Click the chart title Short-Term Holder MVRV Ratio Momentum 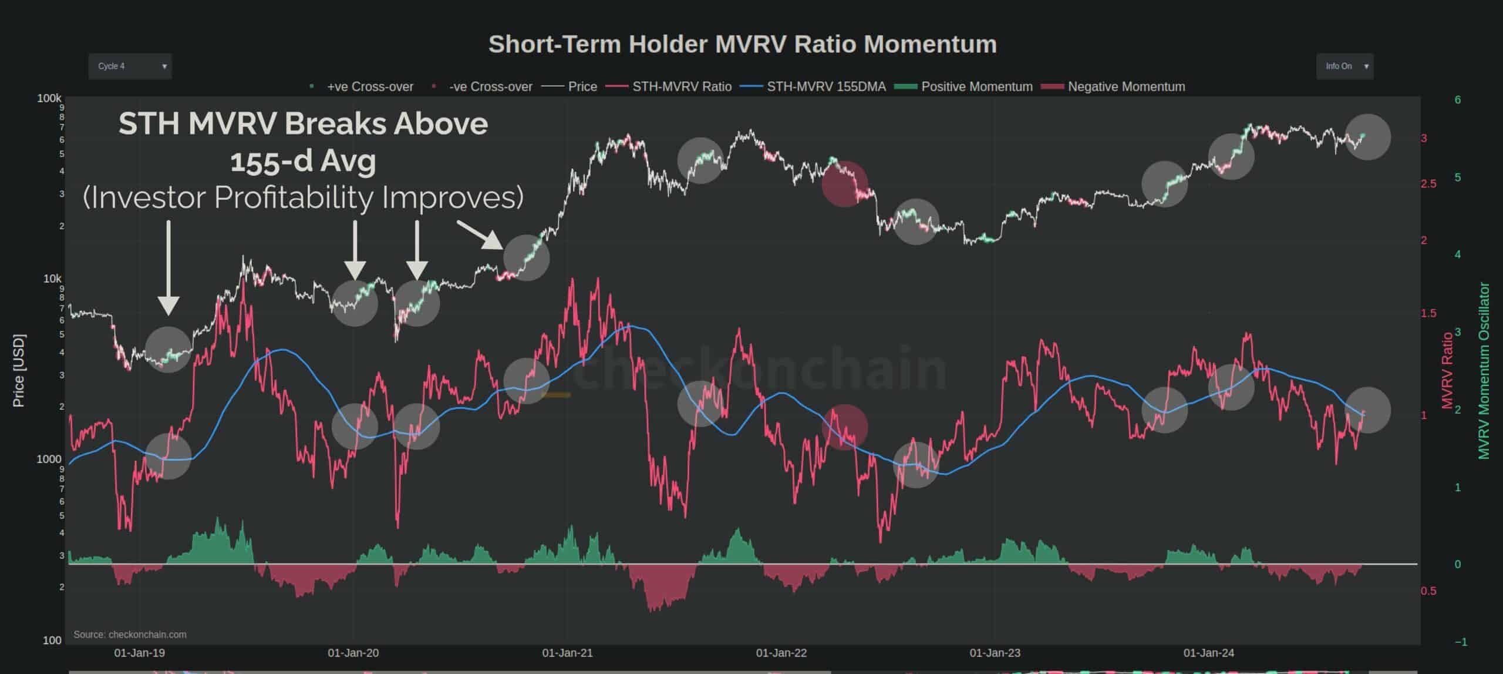743,45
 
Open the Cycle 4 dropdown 130,66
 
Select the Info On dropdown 1344,66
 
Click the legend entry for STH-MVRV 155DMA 826,87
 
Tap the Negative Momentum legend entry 1126,87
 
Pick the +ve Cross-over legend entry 370,87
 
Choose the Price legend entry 582,87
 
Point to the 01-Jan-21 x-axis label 567,653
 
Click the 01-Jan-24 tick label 1209,653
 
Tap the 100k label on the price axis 49,98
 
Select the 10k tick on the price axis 52,279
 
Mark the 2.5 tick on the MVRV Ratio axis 1428,184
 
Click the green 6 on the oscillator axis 1458,100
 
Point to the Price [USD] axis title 19,370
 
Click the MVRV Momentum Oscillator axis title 1484,370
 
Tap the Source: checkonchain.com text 130,635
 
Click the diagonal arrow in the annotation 480,235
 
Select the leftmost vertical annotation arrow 169,267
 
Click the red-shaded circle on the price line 845,184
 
